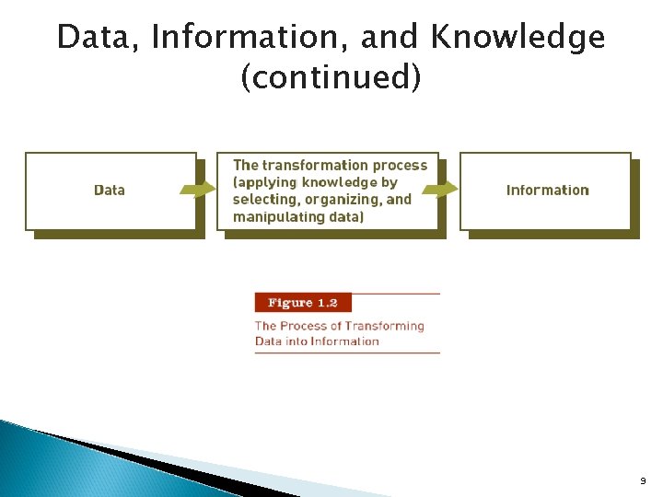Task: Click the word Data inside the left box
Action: [110, 191]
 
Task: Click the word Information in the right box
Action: [547, 191]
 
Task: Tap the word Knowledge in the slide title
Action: [518, 38]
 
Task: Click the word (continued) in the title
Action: [331, 78]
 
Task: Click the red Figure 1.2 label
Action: [303, 303]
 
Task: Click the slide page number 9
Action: [641, 480]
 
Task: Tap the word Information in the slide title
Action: [250, 38]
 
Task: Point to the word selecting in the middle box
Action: [263, 200]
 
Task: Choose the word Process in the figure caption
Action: [307, 326]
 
